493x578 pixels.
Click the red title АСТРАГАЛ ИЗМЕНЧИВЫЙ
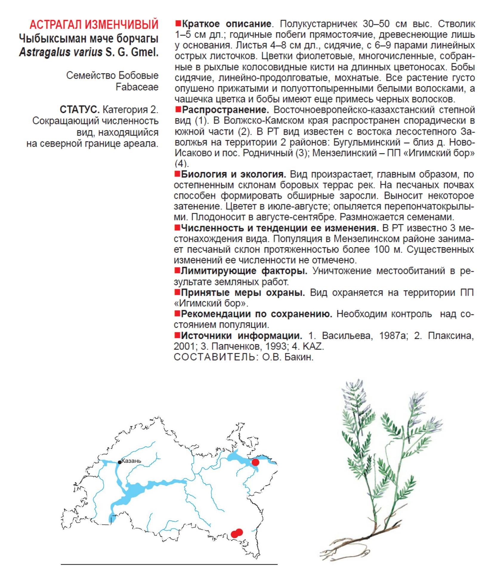94,24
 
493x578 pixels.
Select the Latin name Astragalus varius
61,52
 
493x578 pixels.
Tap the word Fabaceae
137,87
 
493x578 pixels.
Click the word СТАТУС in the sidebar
79,109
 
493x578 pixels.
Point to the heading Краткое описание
226,24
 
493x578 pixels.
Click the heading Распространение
225,110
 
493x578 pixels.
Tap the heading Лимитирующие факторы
244,271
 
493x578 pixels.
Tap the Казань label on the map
132,461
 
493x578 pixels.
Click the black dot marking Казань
120,462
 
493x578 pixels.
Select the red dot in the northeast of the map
255,462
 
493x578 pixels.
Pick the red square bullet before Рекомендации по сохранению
177,313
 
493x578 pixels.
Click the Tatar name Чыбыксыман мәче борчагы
89,38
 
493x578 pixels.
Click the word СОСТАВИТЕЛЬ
214,357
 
